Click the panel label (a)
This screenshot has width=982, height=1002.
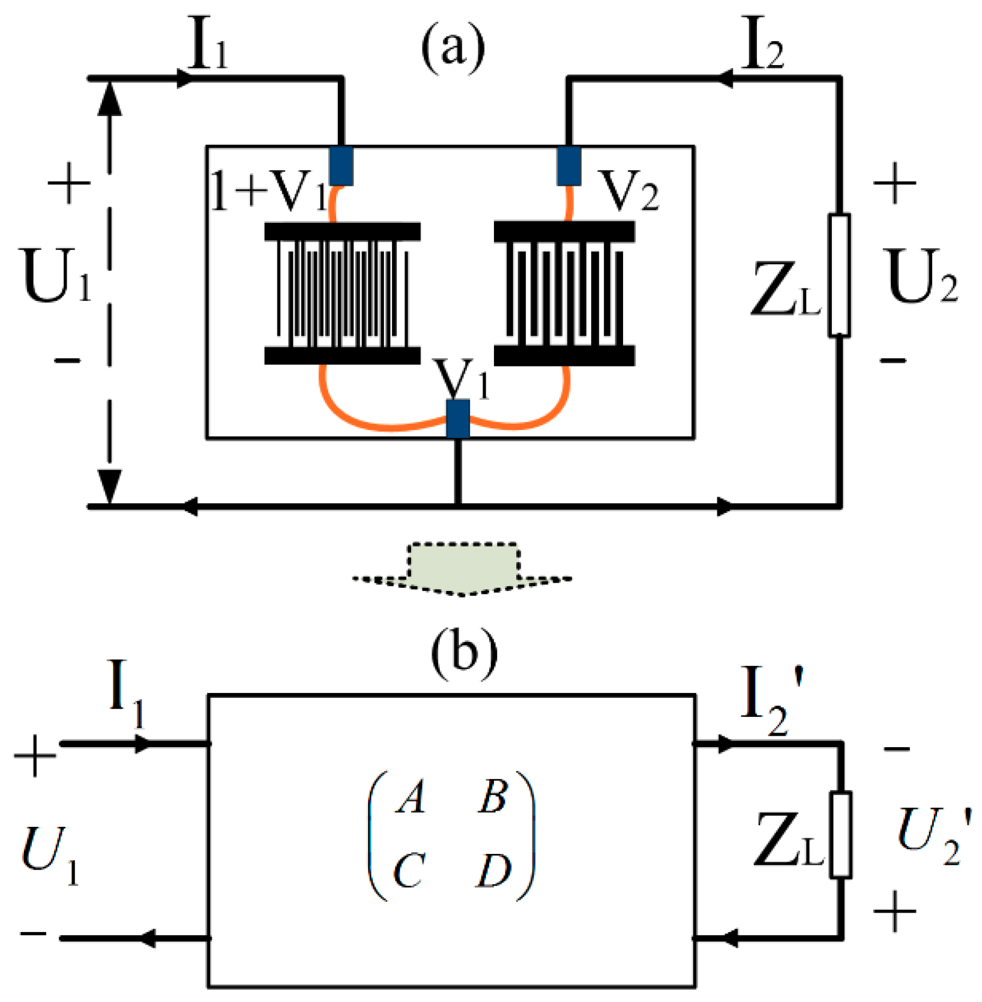coord(453,48)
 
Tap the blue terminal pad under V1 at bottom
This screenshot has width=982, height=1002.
coord(458,419)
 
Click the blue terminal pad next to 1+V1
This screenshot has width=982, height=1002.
coord(341,165)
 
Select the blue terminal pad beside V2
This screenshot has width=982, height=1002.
coord(569,165)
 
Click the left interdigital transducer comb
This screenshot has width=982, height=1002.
coord(342,293)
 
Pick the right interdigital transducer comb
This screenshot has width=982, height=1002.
coord(564,293)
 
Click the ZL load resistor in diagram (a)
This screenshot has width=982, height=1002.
coord(839,275)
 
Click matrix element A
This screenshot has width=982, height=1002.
coord(410,797)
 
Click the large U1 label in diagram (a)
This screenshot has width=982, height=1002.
coord(56,275)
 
